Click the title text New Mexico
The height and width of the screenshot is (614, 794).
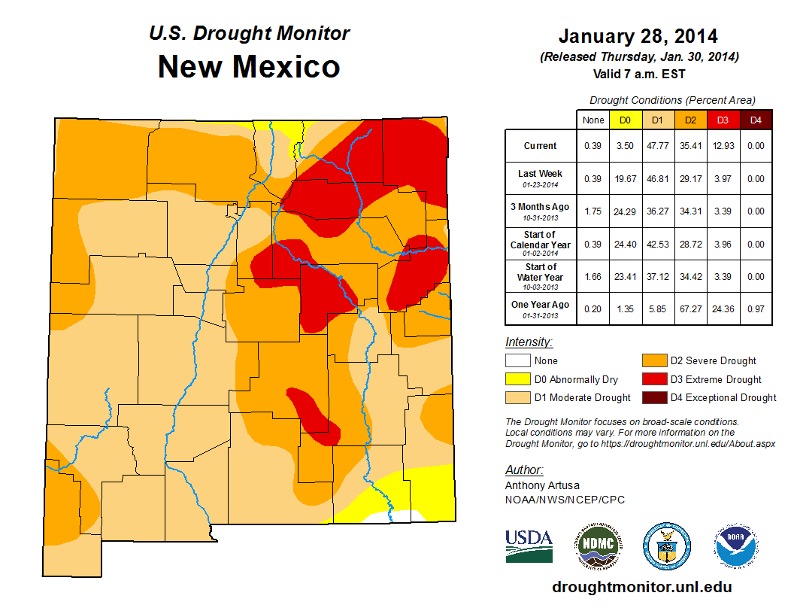pos(249,67)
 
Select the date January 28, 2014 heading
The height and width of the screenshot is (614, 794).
pos(638,36)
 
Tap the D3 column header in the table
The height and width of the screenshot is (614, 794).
pos(723,120)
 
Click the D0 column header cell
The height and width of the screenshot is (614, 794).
pos(625,120)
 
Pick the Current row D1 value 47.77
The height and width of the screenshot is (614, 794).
pos(657,146)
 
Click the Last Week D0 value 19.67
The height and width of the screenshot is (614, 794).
pos(625,178)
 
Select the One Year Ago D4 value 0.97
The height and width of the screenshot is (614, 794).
pos(755,309)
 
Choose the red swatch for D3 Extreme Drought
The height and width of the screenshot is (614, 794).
pos(653,379)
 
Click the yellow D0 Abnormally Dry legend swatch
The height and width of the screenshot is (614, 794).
pos(517,379)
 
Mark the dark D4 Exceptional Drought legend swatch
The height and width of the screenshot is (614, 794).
pos(653,397)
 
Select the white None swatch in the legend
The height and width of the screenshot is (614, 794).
pos(517,360)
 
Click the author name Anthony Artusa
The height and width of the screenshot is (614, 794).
pos(542,485)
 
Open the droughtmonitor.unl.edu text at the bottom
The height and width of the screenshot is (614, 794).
pos(641,586)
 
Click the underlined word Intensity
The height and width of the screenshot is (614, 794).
pos(529,342)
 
